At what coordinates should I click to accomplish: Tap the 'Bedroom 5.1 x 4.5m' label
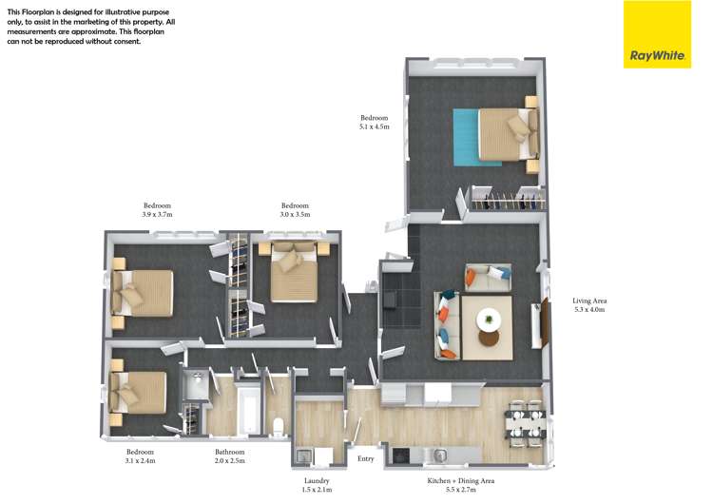point(374,123)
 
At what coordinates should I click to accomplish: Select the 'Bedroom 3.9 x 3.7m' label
point(157,210)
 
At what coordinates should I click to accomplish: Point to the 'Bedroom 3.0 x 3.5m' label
point(295,210)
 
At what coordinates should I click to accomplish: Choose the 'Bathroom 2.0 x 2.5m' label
point(230,456)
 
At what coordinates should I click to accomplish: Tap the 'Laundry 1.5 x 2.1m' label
point(317,486)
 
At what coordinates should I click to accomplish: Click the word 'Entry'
point(366,459)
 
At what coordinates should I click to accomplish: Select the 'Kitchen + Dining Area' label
point(463,486)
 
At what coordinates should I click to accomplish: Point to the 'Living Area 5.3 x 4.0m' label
point(589,305)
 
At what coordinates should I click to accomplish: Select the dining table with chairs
point(525,422)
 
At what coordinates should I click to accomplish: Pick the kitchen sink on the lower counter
point(441,454)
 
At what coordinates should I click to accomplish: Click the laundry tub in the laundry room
point(304,455)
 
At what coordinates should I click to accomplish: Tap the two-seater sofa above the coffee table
point(488,278)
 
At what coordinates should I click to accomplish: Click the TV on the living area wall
point(546,322)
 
